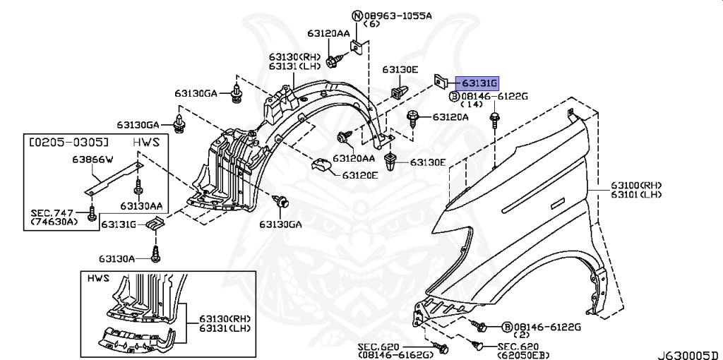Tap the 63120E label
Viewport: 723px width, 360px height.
pyautogui.click(x=359, y=175)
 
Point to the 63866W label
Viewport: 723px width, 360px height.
pyautogui.click(x=92, y=160)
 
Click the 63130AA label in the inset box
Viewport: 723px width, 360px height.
pyautogui.click(x=141, y=206)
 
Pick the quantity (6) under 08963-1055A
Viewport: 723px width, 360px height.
pyautogui.click(x=371, y=24)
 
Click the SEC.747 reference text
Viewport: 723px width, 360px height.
pyautogui.click(x=49, y=212)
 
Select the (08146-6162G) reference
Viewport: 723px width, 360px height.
pyautogui.click(x=395, y=354)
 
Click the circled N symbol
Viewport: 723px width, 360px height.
pyautogui.click(x=357, y=15)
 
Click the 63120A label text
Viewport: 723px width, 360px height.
pyautogui.click(x=450, y=117)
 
